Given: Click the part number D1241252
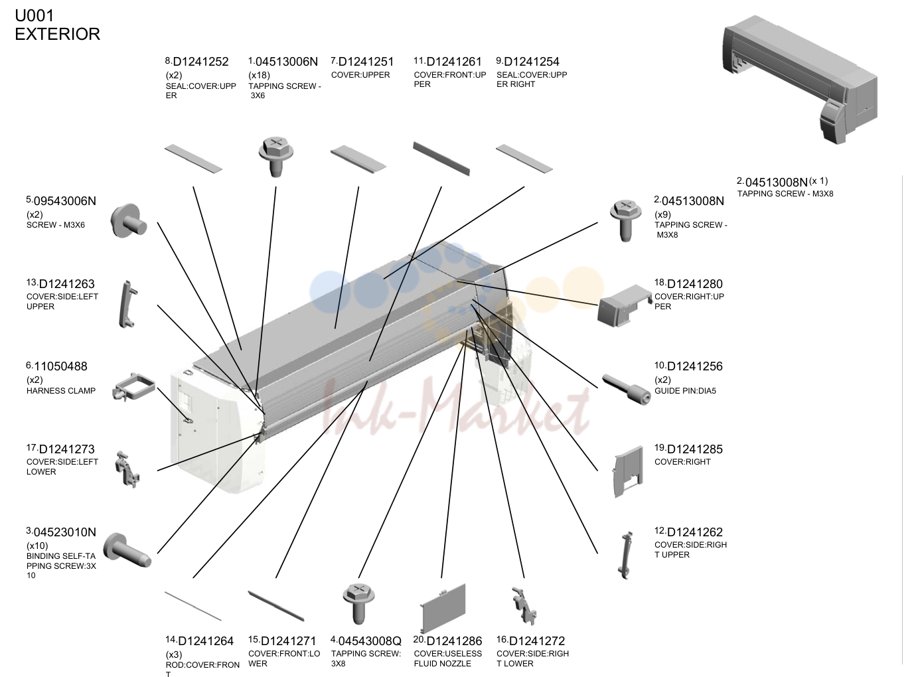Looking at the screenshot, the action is tap(200, 62).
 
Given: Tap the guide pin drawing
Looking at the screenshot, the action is tap(626, 389).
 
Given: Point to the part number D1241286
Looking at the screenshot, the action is tap(454, 641).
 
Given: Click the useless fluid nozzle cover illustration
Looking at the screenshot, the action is tap(443, 608).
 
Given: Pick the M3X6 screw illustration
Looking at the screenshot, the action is tap(128, 220).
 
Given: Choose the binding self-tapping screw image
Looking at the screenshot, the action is tap(127, 550).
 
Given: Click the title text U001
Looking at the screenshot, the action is tap(35, 16).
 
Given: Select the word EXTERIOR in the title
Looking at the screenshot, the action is tap(57, 35).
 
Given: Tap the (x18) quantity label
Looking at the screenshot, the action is tap(259, 75).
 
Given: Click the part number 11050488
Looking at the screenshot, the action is tap(60, 366).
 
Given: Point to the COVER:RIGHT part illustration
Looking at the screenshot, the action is tap(628, 471).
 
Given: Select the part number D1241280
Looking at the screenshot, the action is tap(695, 284).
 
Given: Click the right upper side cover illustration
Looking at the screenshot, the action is tap(627, 555).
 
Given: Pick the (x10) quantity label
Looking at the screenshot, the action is tap(37, 546).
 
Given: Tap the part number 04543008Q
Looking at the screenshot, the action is tap(370, 641).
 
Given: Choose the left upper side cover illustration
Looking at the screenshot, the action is tap(128, 305).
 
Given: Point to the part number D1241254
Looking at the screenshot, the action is tap(532, 62).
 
